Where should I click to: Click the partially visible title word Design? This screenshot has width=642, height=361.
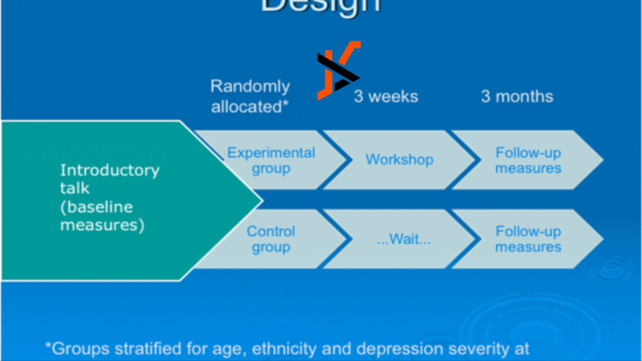pos(320,5)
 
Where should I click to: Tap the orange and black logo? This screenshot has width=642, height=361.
pos(338,70)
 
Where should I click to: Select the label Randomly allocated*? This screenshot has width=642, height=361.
pos(250,96)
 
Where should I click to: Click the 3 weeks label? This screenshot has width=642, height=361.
pos(386,97)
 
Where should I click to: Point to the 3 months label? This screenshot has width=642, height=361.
pos(517,97)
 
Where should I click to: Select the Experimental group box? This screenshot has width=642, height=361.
pos(271,160)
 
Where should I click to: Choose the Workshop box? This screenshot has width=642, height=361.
pos(399,159)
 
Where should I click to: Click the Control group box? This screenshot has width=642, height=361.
pos(271,239)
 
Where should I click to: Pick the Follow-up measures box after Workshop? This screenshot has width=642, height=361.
pos(528,160)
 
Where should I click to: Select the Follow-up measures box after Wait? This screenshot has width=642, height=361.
pos(528,239)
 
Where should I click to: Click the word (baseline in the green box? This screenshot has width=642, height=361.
pos(97,207)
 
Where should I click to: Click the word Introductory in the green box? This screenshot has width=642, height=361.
pos(110,170)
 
